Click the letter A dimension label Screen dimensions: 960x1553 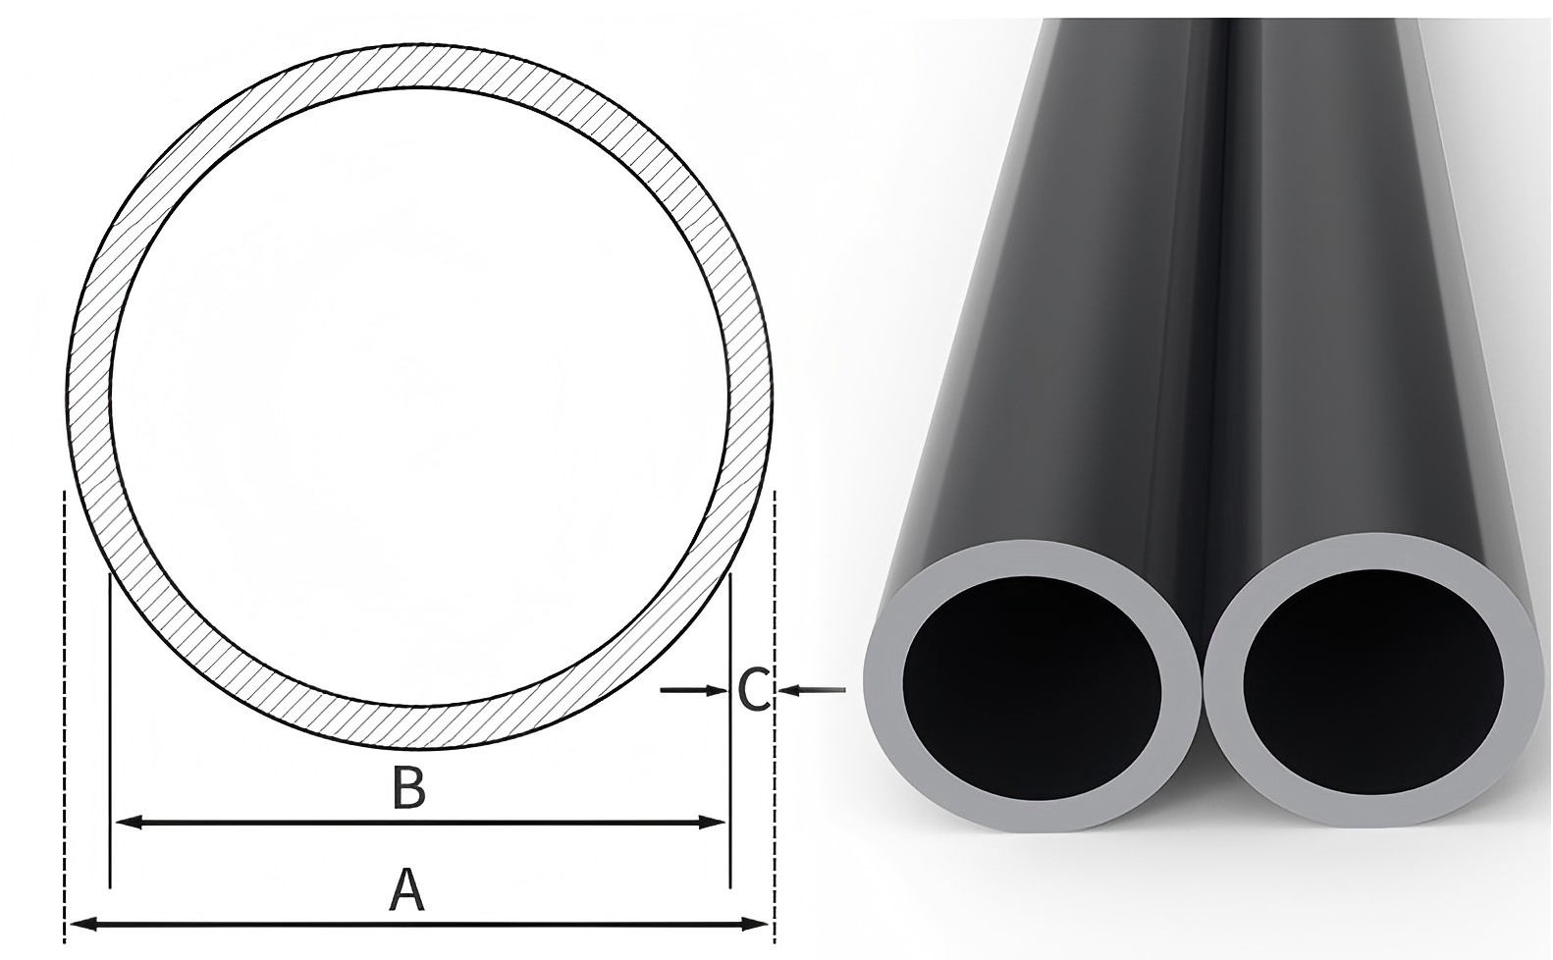point(406,889)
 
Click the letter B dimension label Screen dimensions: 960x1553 point(407,787)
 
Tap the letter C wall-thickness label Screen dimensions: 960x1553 point(753,690)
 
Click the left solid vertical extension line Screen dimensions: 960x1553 point(109,736)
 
